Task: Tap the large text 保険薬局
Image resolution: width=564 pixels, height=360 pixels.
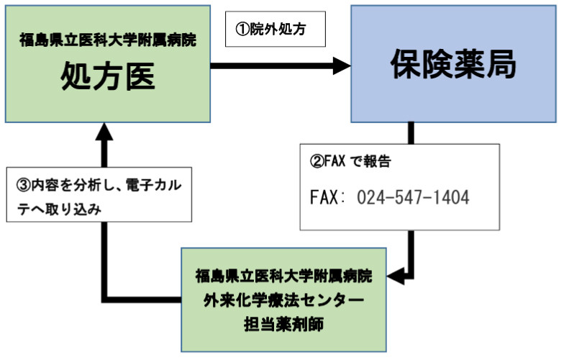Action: pyautogui.click(x=453, y=65)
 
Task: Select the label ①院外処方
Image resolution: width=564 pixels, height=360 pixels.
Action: pyautogui.click(x=276, y=30)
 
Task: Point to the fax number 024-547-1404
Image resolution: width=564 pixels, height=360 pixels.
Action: pyautogui.click(x=413, y=197)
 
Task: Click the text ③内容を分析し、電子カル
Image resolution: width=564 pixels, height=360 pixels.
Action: pyautogui.click(x=99, y=185)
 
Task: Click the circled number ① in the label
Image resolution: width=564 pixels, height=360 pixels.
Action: pyautogui.click(x=242, y=30)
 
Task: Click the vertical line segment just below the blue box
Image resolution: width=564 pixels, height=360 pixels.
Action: pyautogui.click(x=411, y=132)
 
